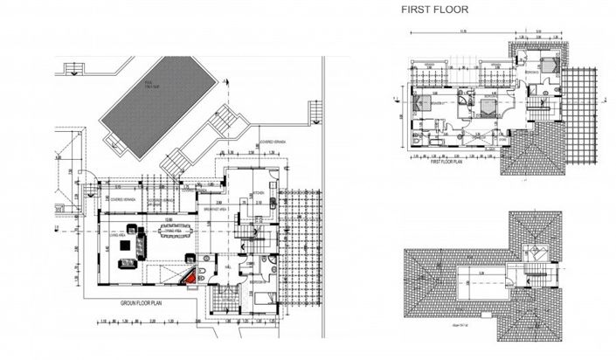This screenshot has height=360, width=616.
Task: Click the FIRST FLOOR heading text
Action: [x=434, y=10]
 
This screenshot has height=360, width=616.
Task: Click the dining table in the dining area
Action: [x=172, y=239]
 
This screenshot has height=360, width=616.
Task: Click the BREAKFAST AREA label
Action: [x=215, y=210]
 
